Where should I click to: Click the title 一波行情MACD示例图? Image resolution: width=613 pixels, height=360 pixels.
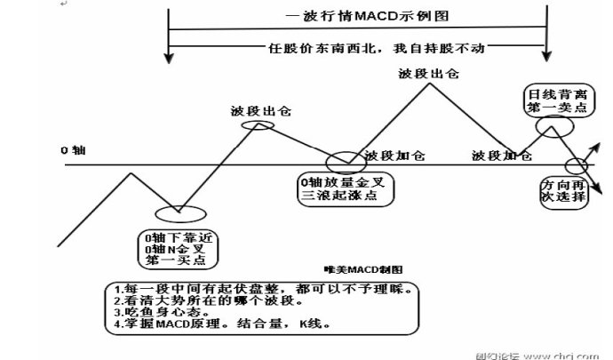click(355, 17)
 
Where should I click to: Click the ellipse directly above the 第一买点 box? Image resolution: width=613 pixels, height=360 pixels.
click(180, 213)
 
